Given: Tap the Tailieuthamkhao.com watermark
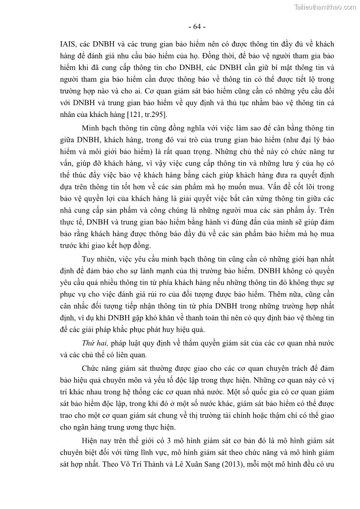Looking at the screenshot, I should (325, 7).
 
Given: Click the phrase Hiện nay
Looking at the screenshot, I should (96, 440).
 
